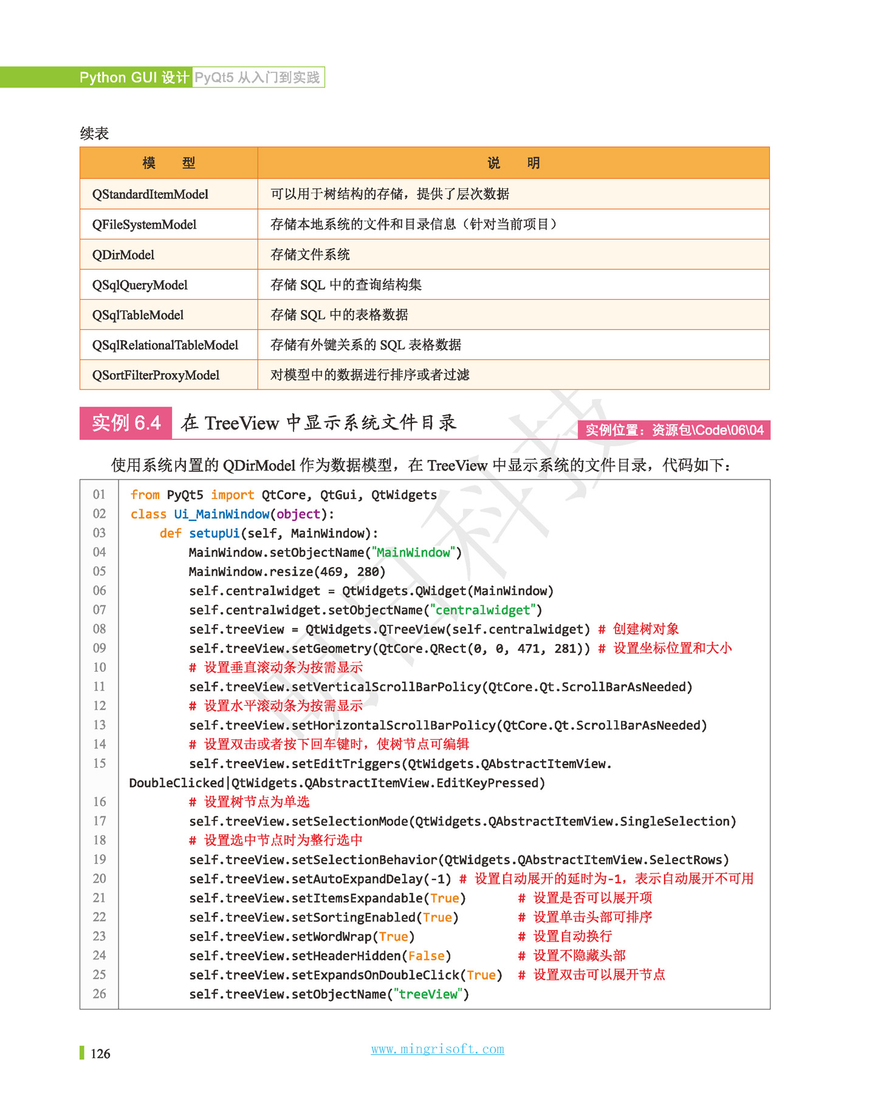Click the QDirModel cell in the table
click(x=123, y=255)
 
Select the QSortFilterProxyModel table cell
click(x=156, y=375)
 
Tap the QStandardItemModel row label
click(x=150, y=194)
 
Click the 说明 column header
click(x=513, y=163)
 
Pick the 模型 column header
click(x=168, y=163)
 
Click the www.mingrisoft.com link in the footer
click(x=437, y=1049)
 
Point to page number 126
click(x=100, y=1054)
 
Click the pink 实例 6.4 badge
click(x=126, y=423)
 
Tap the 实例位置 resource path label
click(x=674, y=430)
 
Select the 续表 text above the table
click(x=94, y=134)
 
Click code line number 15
click(x=99, y=763)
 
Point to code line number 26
click(x=99, y=994)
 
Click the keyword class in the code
click(x=148, y=514)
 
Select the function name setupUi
click(x=214, y=534)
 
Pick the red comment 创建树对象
click(x=645, y=629)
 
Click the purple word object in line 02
click(x=298, y=514)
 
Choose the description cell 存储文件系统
click(x=310, y=255)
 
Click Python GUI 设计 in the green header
click(x=134, y=78)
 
